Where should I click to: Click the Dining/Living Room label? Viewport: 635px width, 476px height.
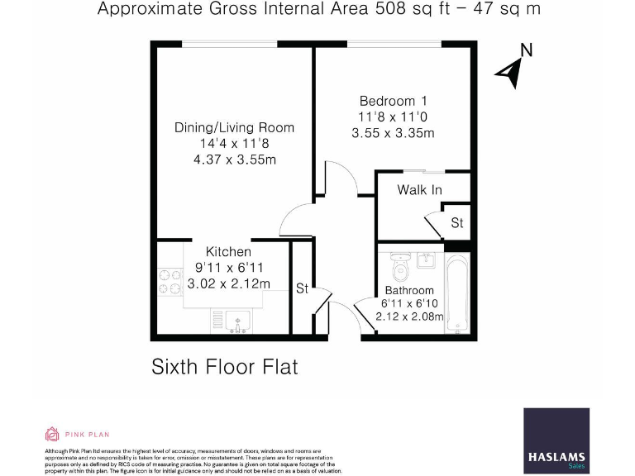[234, 127]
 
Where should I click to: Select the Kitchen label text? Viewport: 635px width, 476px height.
[228, 252]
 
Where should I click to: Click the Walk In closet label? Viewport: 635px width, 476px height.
[419, 190]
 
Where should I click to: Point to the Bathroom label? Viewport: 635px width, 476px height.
[409, 290]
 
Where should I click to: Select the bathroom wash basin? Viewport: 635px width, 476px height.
[427, 260]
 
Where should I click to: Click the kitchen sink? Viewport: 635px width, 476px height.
[236, 320]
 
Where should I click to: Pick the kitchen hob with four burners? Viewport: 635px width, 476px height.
[169, 282]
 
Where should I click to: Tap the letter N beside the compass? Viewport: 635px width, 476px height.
[526, 50]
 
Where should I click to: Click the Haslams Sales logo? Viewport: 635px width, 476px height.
[556, 440]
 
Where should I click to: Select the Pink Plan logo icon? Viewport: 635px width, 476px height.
[50, 434]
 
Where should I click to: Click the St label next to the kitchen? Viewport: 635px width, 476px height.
[302, 288]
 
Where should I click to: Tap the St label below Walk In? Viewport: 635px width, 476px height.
[456, 223]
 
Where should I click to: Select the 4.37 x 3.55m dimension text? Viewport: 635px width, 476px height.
[234, 159]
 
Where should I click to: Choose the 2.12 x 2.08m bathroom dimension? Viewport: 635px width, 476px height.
[409, 316]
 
